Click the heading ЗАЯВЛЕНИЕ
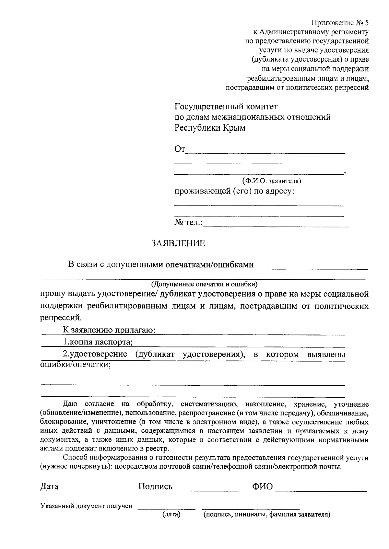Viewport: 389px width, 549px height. (x=178, y=243)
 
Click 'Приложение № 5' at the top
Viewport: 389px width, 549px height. (x=340, y=23)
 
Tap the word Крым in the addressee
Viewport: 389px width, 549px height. (x=233, y=128)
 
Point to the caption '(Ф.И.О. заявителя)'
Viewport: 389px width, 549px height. (x=272, y=181)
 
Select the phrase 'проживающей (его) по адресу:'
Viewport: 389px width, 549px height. (x=235, y=191)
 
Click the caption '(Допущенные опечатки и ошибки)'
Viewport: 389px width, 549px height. (x=204, y=285)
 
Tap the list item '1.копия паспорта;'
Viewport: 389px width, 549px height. (x=98, y=342)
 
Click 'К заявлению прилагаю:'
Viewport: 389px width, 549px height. (x=109, y=330)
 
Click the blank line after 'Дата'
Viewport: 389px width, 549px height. (x=93, y=490)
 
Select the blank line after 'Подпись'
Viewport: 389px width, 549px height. (x=206, y=491)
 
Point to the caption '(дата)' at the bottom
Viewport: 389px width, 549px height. (x=171, y=514)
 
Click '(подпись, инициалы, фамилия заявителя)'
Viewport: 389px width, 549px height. (x=266, y=514)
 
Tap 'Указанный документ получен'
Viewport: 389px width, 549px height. (x=86, y=506)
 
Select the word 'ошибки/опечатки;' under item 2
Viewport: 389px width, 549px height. (x=76, y=365)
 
